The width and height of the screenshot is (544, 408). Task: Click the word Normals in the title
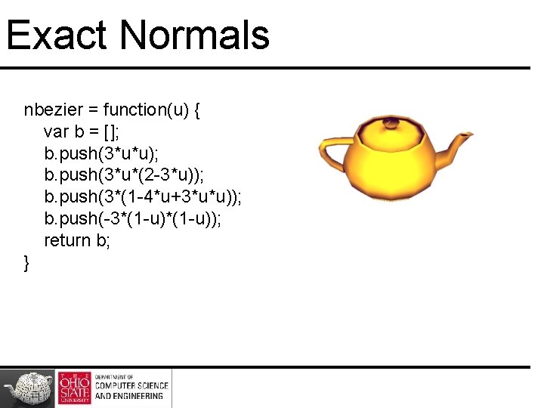194,36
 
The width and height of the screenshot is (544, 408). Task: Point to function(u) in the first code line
145,110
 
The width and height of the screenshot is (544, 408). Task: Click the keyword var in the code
57,132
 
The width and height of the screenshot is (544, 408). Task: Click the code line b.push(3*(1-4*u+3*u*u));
143,198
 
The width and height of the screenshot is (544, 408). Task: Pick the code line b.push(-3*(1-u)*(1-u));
133,220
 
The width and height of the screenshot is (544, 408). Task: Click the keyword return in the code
67,241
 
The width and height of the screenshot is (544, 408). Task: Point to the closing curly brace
27,263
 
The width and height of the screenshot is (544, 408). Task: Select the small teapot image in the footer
29,388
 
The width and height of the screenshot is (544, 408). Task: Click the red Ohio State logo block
74,388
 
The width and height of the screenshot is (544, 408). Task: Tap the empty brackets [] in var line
112,132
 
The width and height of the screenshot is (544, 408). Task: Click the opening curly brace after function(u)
197,110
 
